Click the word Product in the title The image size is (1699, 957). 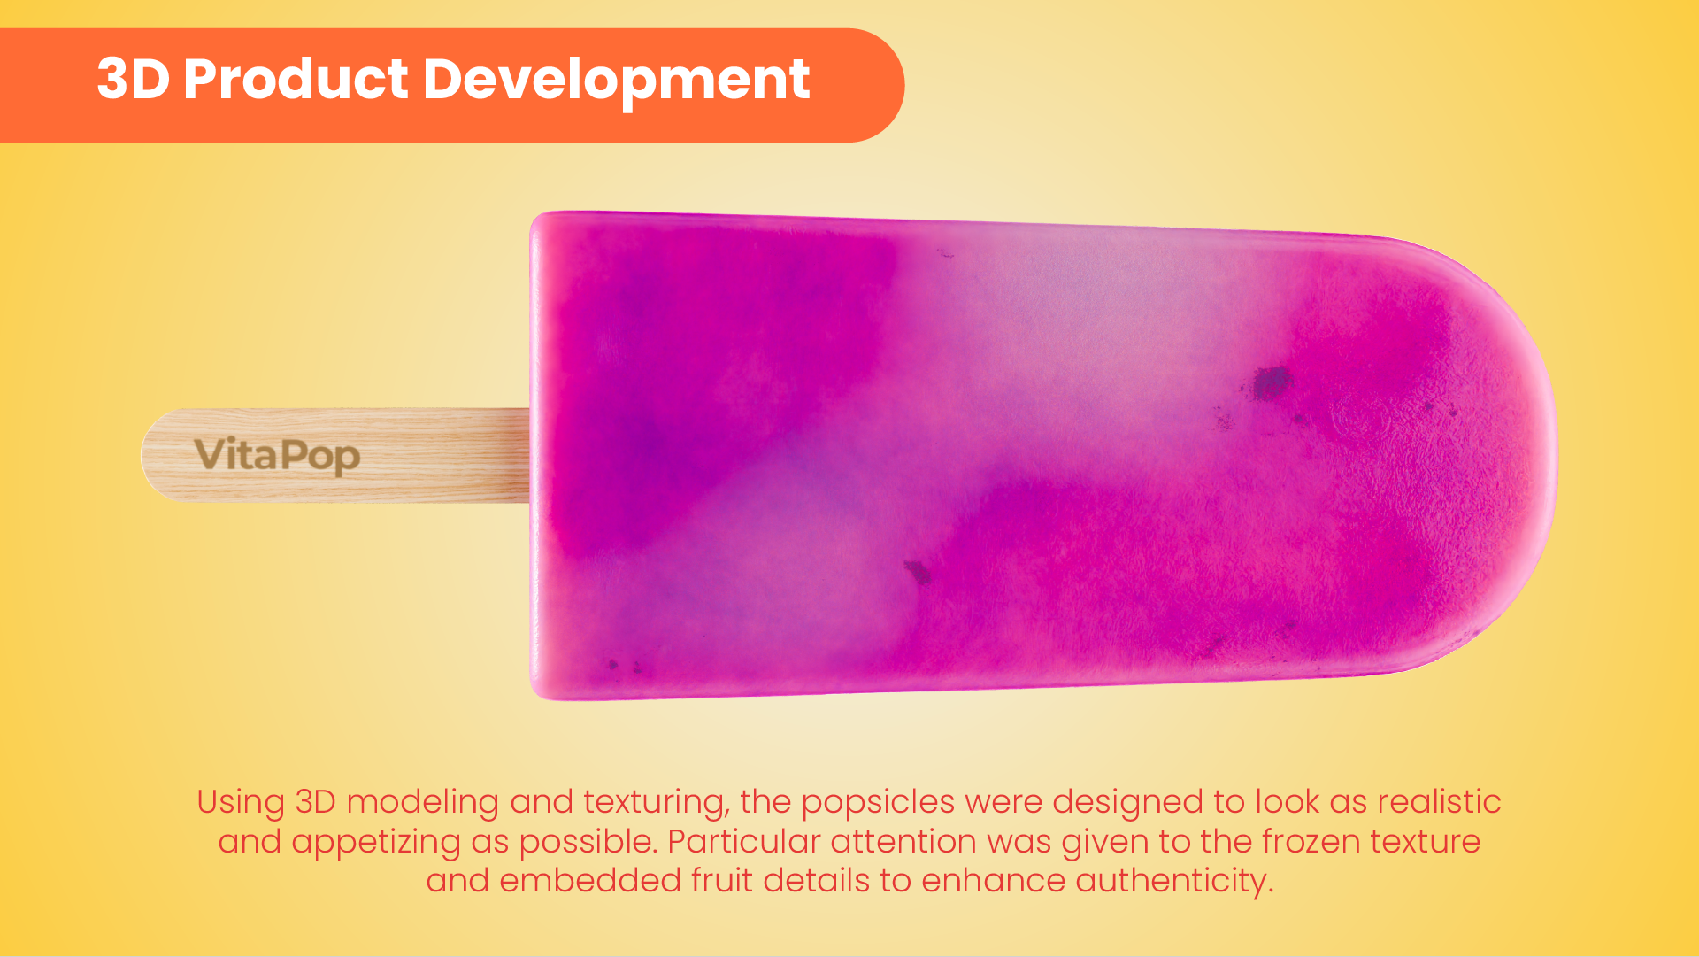pyautogui.click(x=296, y=79)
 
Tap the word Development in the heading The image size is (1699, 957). pyautogui.click(x=616, y=81)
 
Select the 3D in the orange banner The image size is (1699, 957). pyautogui.click(x=133, y=79)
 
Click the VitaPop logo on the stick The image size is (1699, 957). pyautogui.click(x=277, y=455)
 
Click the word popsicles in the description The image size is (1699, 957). pyautogui.click(x=878, y=803)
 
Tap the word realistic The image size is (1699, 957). pyautogui.click(x=1439, y=801)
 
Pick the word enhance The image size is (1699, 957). pyautogui.click(x=994, y=880)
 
